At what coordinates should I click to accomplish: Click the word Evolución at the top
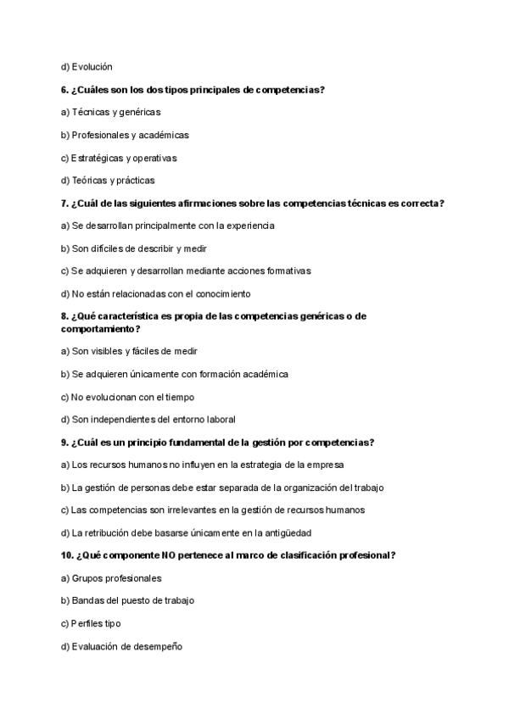click(x=92, y=66)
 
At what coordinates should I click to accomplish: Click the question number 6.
click(x=64, y=89)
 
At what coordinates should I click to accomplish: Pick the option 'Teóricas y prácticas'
click(x=112, y=181)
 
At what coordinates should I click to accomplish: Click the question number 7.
click(x=64, y=203)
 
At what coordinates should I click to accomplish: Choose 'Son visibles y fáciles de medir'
click(x=129, y=351)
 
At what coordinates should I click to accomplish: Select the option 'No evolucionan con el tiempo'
click(x=127, y=397)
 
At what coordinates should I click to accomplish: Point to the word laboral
click(x=220, y=419)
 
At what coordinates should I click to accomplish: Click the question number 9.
click(x=64, y=442)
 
